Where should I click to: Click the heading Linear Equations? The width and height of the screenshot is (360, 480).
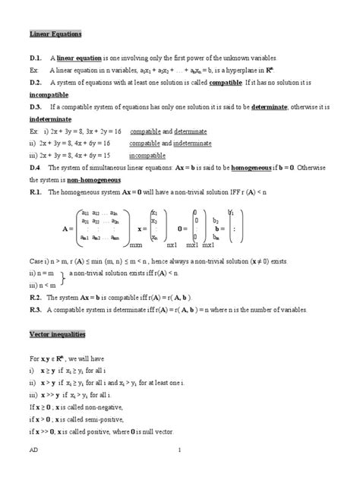(x=56, y=34)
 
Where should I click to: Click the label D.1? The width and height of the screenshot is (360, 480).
(x=36, y=58)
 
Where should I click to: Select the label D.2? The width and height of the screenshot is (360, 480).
(x=36, y=82)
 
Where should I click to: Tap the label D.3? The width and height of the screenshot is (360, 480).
(x=36, y=106)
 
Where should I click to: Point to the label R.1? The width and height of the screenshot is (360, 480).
(x=36, y=193)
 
